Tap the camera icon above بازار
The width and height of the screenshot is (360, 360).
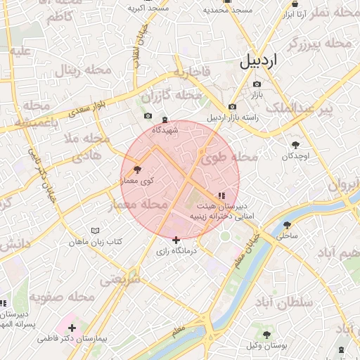pyautogui.click(x=256, y=84)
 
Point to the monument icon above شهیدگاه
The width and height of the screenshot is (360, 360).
pyautogui.click(x=165, y=120)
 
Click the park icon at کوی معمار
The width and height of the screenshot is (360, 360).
pyautogui.click(x=137, y=169)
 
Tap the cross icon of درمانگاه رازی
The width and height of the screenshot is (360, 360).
pyautogui.click(x=176, y=240)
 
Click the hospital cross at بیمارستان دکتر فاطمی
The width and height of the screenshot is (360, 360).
pyautogui.click(x=72, y=328)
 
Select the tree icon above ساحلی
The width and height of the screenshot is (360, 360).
pyautogui.click(x=287, y=225)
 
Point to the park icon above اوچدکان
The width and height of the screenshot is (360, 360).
pyautogui.click(x=294, y=144)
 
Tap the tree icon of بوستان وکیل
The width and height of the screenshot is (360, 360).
pyautogui.click(x=266, y=334)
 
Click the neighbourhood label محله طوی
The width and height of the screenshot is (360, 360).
pyautogui.click(x=229, y=158)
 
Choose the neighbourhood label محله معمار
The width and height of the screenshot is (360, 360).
pyautogui.click(x=139, y=205)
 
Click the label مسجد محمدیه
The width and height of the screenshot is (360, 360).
pyautogui.click(x=227, y=10)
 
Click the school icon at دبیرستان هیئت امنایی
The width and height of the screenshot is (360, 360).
pyautogui.click(x=221, y=195)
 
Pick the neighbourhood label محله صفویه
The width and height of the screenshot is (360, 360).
pyautogui.click(x=61, y=297)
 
